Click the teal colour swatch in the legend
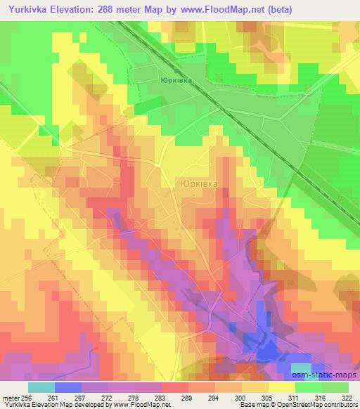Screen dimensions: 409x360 [x=41, y=387]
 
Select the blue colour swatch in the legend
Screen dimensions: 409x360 [x=68, y=387]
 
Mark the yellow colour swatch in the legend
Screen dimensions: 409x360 [x=281, y=387]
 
